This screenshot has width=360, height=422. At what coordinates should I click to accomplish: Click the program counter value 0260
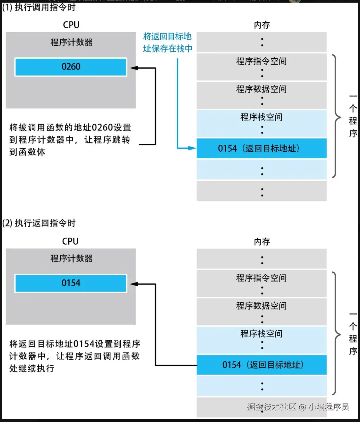click(x=71, y=67)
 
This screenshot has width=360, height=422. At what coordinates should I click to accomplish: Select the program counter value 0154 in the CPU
click(x=71, y=283)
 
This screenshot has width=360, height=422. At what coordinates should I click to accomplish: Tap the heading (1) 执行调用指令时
click(x=39, y=7)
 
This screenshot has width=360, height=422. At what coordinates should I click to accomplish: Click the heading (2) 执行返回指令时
click(x=39, y=223)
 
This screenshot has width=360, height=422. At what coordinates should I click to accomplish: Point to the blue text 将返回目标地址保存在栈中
click(x=167, y=43)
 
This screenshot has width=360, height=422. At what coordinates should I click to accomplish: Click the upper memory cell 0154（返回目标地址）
click(x=261, y=148)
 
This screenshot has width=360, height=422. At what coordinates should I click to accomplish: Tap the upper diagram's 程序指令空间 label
click(x=261, y=61)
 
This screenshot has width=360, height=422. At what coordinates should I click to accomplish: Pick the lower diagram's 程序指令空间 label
click(x=261, y=278)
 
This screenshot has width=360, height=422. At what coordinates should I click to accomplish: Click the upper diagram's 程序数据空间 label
click(x=261, y=89)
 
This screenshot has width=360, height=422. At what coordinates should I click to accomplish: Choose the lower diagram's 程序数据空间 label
click(x=261, y=306)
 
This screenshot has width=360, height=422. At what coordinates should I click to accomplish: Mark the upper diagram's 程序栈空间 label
click(x=261, y=117)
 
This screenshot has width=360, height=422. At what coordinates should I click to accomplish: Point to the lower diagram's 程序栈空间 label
click(x=261, y=334)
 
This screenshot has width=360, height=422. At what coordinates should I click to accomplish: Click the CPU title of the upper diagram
click(x=71, y=25)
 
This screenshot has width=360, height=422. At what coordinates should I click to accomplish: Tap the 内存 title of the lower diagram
click(x=262, y=242)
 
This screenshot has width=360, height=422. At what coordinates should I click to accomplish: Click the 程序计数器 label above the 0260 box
click(x=71, y=42)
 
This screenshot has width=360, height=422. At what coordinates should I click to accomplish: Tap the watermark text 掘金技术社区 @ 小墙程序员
click(x=298, y=407)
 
